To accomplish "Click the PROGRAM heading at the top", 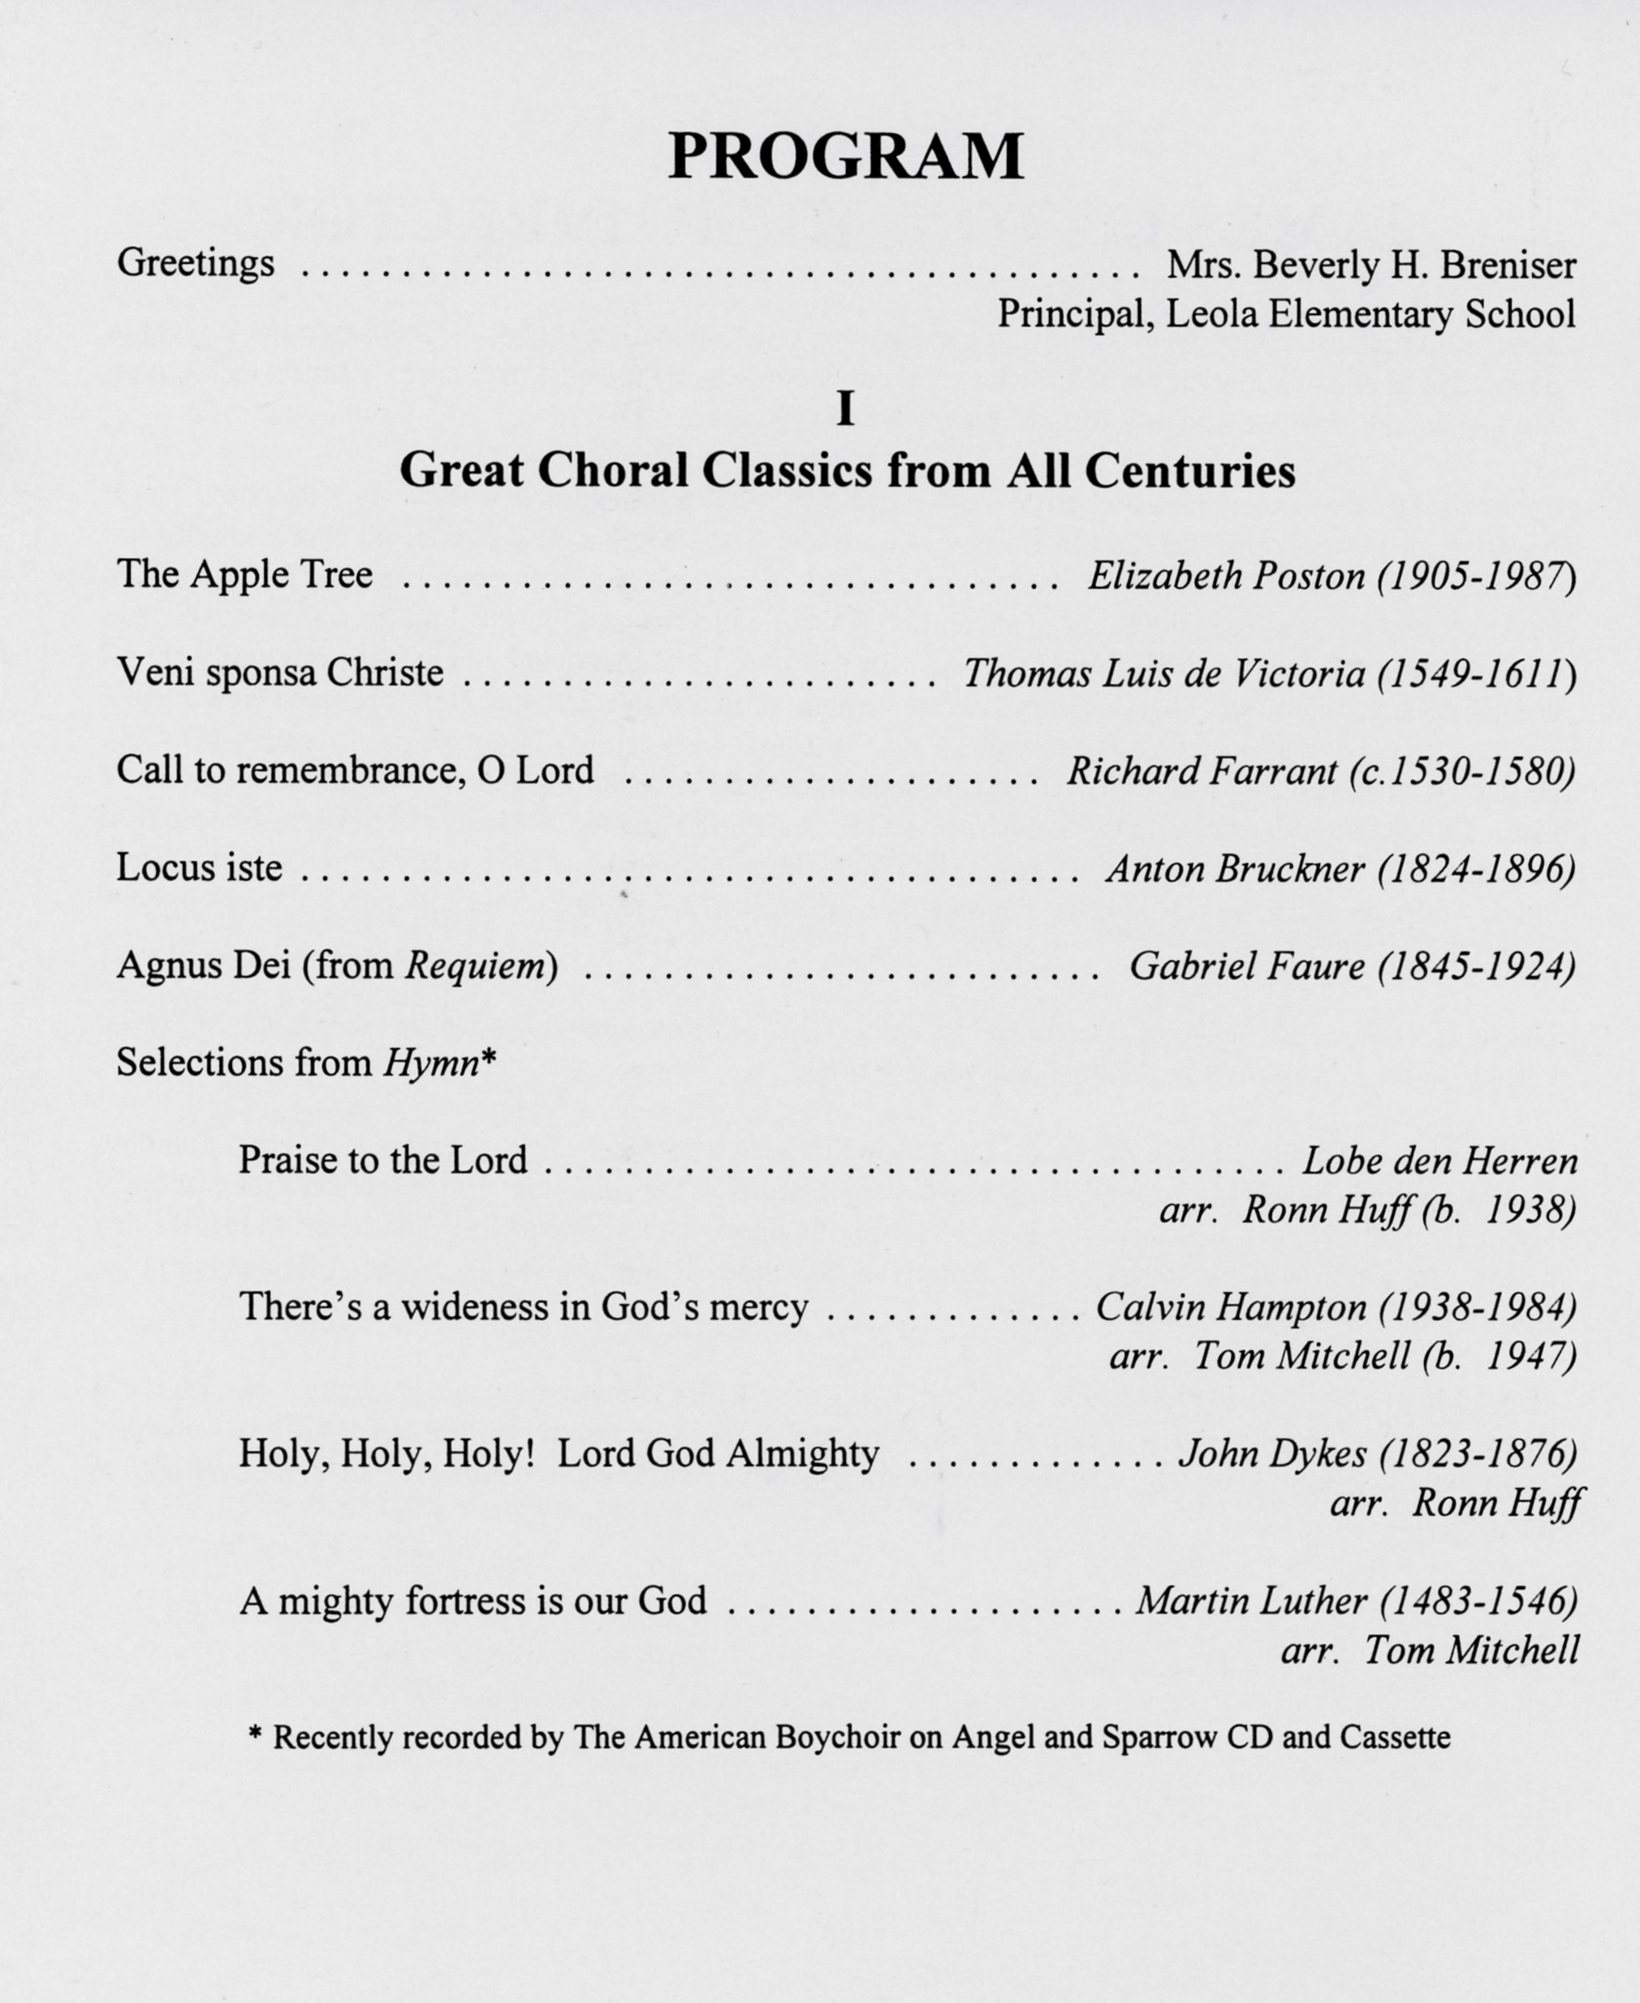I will click(845, 156).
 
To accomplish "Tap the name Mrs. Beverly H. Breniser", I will click(1370, 265).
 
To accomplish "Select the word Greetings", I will click(196, 264).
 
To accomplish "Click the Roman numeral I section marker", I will click(845, 409).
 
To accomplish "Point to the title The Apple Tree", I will click(244, 575).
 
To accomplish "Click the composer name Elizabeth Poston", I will click(1226, 576).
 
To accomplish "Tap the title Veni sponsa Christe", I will click(279, 673).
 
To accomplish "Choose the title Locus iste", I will click(200, 867).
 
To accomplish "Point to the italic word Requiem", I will click(476, 965).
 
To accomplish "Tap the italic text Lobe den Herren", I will click(1439, 1161).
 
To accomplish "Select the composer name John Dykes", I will click(1271, 1454).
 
